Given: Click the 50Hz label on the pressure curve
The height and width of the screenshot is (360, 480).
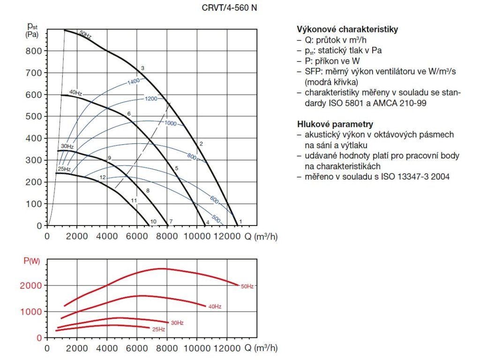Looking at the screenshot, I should pyautogui.click(x=85, y=34).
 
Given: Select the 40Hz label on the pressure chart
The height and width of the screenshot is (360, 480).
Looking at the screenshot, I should pyautogui.click(x=75, y=92).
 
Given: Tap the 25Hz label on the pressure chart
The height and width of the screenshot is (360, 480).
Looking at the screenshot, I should pyautogui.click(x=64, y=169).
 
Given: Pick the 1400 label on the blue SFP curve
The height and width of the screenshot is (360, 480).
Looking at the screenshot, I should pyautogui.click(x=134, y=82).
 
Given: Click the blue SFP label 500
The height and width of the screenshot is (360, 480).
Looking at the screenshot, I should pyautogui.click(x=217, y=218).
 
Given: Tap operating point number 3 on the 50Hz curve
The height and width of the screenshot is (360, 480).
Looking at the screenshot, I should pyautogui.click(x=142, y=68).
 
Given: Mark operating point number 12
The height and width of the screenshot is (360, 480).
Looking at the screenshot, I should pyautogui.click(x=103, y=177).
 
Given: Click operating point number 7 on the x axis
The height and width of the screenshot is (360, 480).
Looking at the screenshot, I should pyautogui.click(x=171, y=221).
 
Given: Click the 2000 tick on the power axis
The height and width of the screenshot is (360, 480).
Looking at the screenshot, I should pyautogui.click(x=33, y=285).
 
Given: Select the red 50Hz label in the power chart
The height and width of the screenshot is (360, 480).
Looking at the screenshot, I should pyautogui.click(x=247, y=286).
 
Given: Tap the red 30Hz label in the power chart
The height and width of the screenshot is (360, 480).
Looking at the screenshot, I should pyautogui.click(x=177, y=322).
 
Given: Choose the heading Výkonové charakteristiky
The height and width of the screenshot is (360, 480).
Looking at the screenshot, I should pyautogui.click(x=347, y=29).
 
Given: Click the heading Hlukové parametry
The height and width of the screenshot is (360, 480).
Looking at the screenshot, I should pyautogui.click(x=335, y=124).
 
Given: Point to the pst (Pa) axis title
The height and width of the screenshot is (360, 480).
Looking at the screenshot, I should pyautogui.click(x=32, y=30).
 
